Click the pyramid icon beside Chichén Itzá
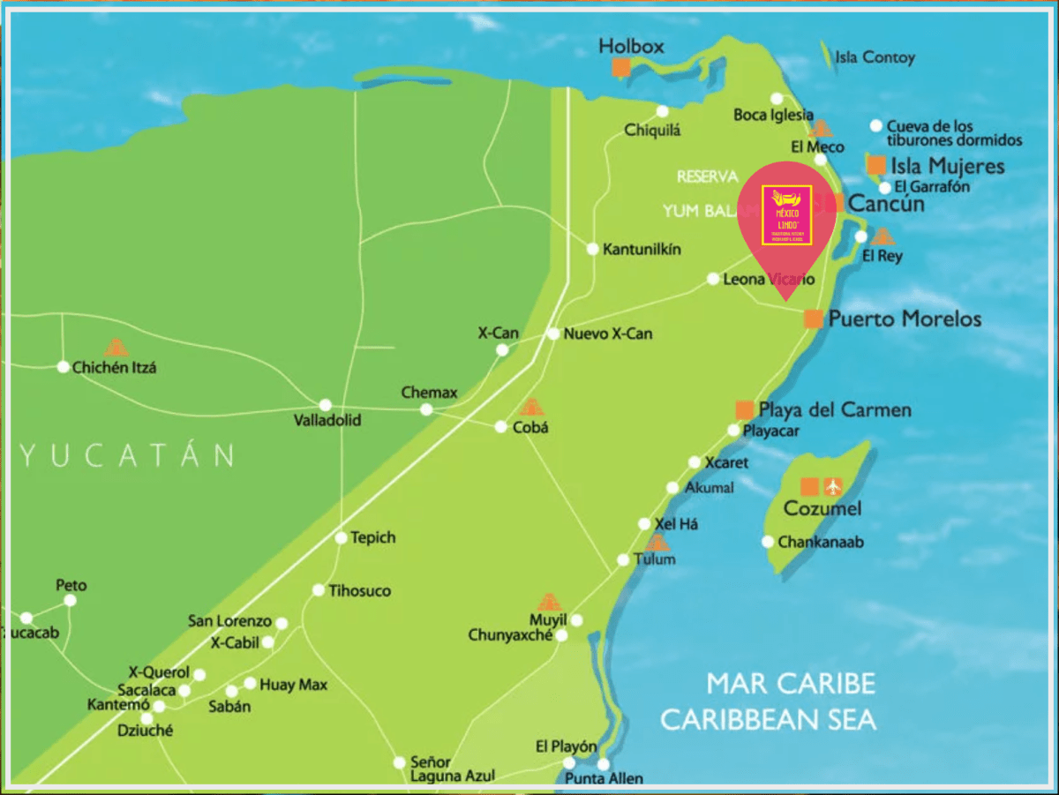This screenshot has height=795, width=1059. [116, 347]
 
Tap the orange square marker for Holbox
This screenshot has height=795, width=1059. [621, 68]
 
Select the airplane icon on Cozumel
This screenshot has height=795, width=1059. [833, 486]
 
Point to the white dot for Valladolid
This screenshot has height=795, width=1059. [326, 405]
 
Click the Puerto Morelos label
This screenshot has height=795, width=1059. [905, 319]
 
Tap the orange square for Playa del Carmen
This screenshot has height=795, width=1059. [745, 409]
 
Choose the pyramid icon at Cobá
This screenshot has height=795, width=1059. [530, 407]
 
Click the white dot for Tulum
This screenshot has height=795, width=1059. [623, 559]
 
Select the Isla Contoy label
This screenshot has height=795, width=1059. [875, 58]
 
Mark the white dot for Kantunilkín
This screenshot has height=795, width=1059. [592, 249]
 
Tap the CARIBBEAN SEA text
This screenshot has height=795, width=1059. [768, 720]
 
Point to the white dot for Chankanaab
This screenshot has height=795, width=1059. [768, 542]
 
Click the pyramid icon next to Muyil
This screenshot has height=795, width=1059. [549, 603]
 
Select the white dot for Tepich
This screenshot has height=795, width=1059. [341, 537]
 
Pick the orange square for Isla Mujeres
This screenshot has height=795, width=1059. [875, 165]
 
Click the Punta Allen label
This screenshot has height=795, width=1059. [604, 778]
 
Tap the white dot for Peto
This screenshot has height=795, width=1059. [70, 600]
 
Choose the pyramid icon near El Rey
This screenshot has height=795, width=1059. [882, 236]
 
